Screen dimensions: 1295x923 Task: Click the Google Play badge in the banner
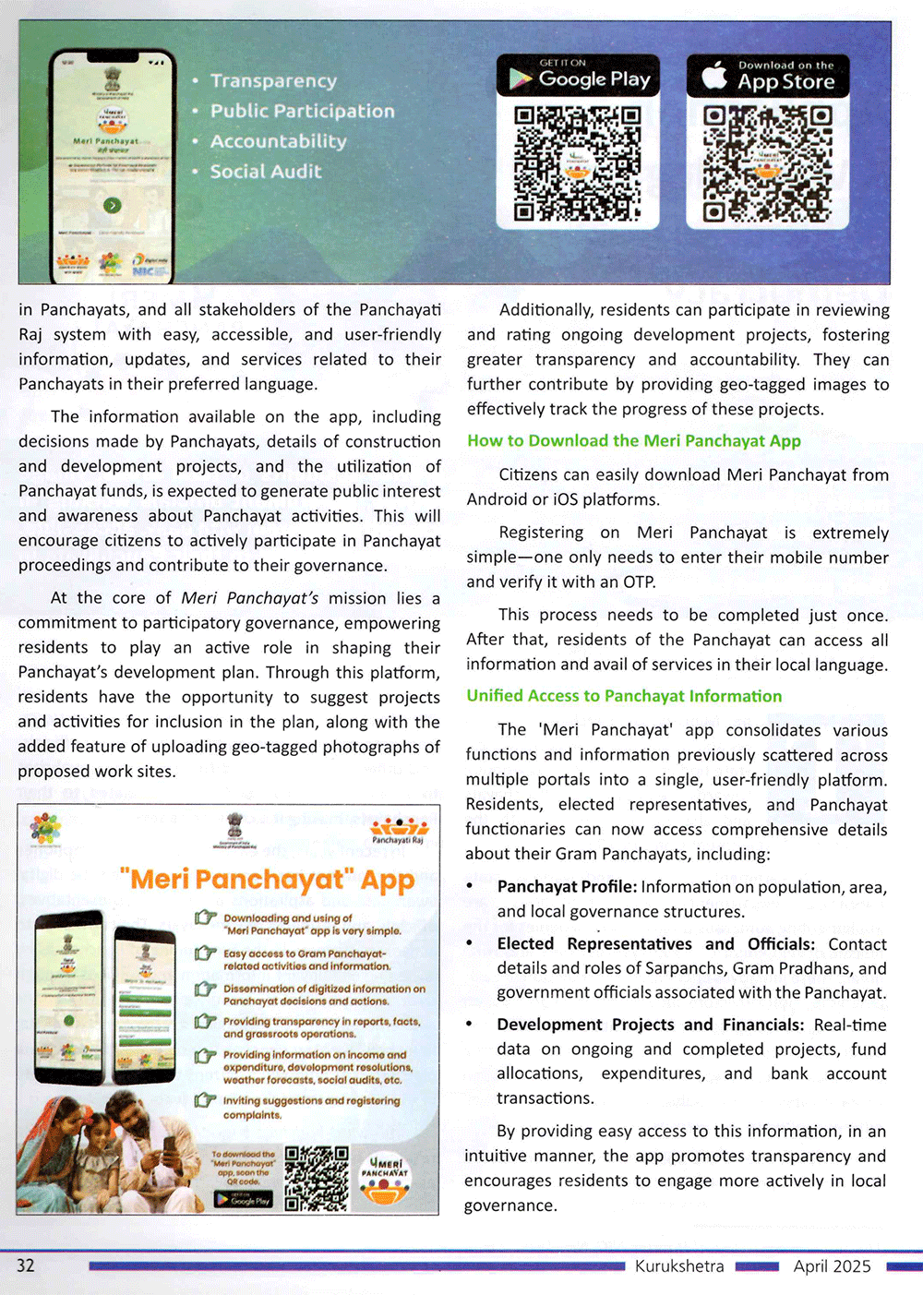coord(578,77)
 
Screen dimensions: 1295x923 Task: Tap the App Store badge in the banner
coord(768,77)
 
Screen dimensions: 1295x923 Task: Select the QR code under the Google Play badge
coord(578,163)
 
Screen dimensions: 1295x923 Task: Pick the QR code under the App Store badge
coord(768,163)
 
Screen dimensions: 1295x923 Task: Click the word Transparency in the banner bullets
coord(273,81)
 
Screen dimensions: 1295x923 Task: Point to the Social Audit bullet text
coord(266,172)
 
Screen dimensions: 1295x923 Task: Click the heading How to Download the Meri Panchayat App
coord(633,441)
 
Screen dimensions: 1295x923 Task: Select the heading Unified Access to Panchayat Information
coord(624,696)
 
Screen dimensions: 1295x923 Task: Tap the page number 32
coord(26,1265)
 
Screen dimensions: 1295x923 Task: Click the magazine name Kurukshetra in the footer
coord(679,1266)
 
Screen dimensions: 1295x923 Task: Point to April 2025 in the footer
coord(832,1266)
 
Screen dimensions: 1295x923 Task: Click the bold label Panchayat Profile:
coord(567,887)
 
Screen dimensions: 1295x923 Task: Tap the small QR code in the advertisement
coord(317,1178)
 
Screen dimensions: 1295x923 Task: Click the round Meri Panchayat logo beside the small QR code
coord(387,1179)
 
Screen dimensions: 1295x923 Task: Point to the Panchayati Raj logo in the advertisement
coord(399,829)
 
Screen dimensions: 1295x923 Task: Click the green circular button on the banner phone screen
coord(112,205)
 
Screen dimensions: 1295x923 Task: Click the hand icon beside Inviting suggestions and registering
coord(205,1100)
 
